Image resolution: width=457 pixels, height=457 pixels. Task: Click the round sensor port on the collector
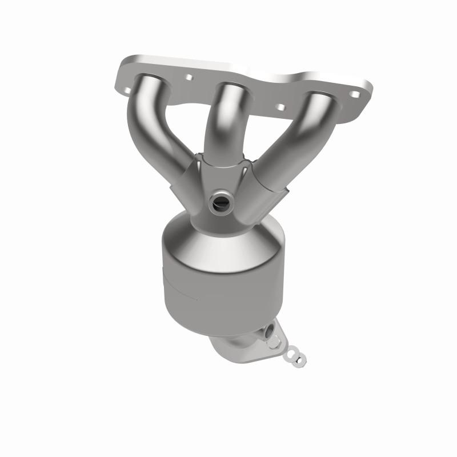tap(220, 201)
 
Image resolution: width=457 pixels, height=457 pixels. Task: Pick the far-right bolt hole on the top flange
tap(355, 95)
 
